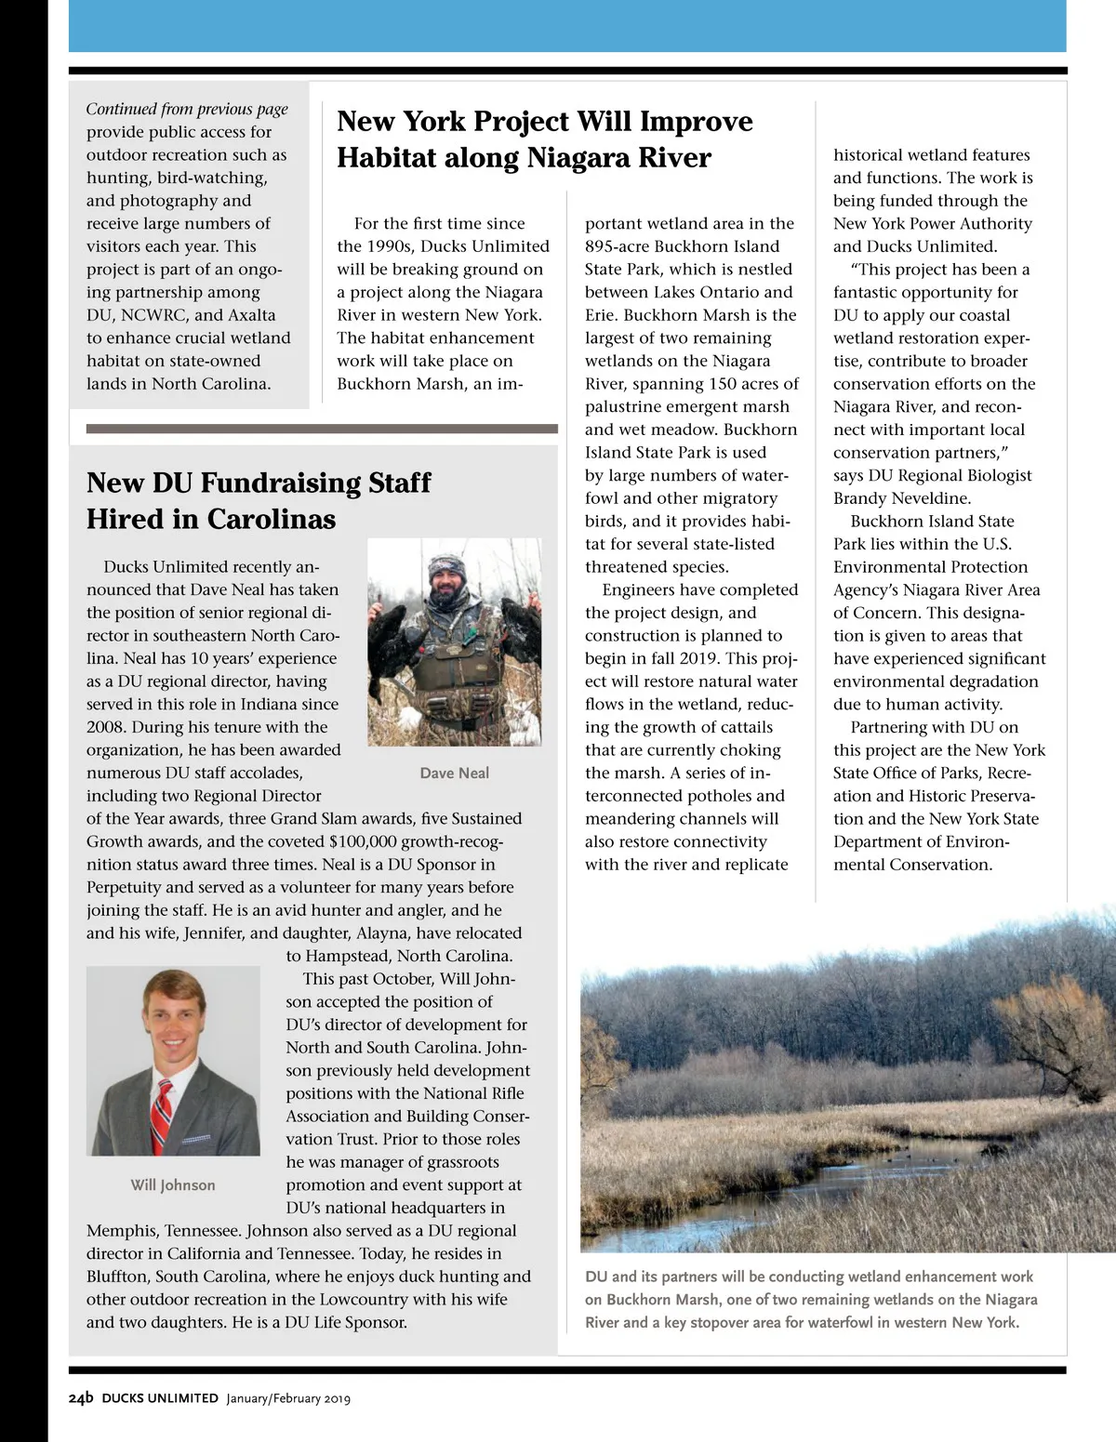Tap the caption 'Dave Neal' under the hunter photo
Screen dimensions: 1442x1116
pyautogui.click(x=454, y=773)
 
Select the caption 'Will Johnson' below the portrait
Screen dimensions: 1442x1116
pyautogui.click(x=173, y=1184)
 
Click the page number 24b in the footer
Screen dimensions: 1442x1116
pyautogui.click(x=81, y=1397)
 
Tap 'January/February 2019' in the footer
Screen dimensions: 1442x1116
pyautogui.click(x=288, y=1398)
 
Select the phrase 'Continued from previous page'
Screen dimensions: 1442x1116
pyautogui.click(x=187, y=109)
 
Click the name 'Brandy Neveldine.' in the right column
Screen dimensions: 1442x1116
pyautogui.click(x=902, y=498)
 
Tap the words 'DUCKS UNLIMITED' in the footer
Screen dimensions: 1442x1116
pyautogui.click(x=160, y=1398)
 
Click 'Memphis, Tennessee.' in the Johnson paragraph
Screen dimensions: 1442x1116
pyautogui.click(x=163, y=1230)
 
